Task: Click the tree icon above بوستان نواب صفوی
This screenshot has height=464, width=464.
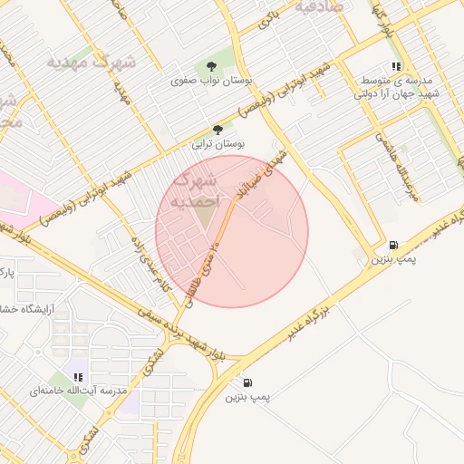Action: tap(211, 66)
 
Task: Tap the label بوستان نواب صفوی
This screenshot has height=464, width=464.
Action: tap(211, 81)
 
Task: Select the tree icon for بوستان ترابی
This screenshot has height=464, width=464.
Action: tap(217, 130)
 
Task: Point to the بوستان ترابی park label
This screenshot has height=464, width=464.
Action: tap(217, 144)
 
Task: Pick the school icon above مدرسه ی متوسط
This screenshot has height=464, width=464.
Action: tap(395, 66)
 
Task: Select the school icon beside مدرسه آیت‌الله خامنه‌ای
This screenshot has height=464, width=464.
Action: tap(78, 376)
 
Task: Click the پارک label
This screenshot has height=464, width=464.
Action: tap(6, 271)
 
